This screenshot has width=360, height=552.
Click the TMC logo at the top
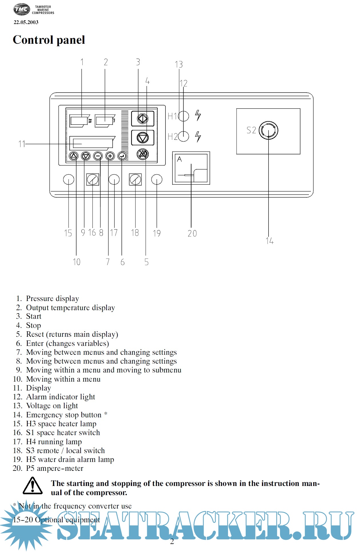(22, 9)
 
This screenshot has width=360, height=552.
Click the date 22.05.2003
(26, 22)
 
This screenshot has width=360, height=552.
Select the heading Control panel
(49, 40)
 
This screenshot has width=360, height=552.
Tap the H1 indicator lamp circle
(184, 116)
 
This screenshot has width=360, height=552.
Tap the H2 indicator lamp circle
(184, 136)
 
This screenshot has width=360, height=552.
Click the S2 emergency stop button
(269, 130)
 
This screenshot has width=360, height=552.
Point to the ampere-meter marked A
(191, 168)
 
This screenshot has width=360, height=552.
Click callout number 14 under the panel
(269, 241)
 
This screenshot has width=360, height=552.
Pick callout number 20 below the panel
(192, 234)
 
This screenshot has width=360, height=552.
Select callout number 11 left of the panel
(22, 144)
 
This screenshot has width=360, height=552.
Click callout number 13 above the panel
(179, 64)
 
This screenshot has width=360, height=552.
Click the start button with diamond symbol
(143, 118)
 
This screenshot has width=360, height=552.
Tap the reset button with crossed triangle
(143, 154)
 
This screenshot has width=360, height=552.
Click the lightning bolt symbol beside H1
(198, 115)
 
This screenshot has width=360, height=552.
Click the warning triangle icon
(33, 486)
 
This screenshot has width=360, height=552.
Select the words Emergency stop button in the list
(64, 415)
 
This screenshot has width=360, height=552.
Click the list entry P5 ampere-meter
(55, 468)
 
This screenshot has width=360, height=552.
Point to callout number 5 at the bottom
(146, 262)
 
